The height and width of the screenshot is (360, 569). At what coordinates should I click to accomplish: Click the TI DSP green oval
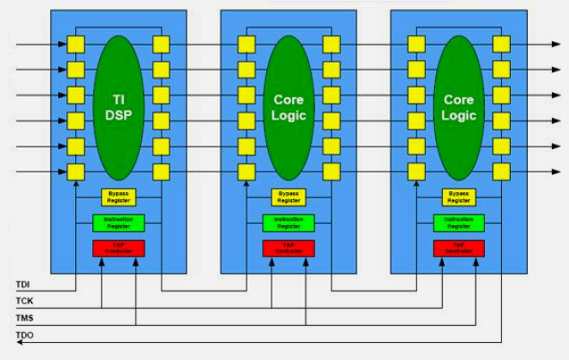pos(119,107)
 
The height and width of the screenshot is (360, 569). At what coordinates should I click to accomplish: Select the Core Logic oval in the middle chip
pos(289,107)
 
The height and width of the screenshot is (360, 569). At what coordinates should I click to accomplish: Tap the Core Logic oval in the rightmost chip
pos(458,107)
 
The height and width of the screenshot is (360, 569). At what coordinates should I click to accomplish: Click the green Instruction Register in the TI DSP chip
pos(119,222)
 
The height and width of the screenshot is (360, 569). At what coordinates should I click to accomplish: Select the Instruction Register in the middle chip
pos(289,222)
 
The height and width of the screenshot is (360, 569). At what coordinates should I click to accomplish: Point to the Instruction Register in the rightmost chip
pos(458,222)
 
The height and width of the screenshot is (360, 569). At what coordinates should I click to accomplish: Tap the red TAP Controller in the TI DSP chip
pos(119,247)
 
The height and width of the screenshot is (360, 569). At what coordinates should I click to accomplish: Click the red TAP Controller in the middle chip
pos(289,247)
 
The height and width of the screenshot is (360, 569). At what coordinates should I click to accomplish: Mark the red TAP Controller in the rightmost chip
pos(458,247)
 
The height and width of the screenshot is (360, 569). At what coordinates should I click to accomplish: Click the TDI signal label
pos(23,286)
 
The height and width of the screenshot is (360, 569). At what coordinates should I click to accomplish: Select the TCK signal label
pos(24,302)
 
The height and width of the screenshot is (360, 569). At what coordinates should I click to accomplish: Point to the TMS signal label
pos(24,319)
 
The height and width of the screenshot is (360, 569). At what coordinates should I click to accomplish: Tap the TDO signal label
pos(24,336)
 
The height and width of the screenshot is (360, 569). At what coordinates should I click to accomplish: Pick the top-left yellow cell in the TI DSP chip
pos(76,44)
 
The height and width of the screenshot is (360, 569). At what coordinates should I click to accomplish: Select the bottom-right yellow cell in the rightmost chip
pos(501,172)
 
